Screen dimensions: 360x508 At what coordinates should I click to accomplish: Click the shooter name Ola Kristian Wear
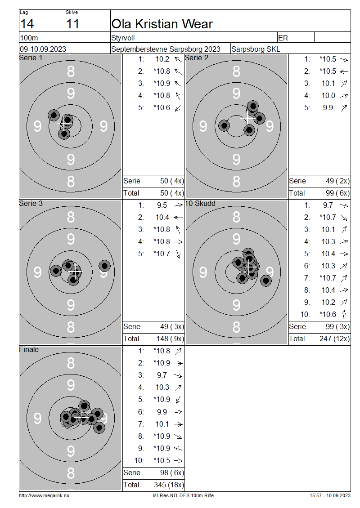coord(162,24)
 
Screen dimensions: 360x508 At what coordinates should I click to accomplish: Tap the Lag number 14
coord(27,24)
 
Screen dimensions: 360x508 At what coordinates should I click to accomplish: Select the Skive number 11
coord(72,24)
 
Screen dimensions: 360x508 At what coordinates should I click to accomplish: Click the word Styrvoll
coord(123,38)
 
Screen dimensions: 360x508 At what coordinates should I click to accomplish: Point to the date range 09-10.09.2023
coord(43,49)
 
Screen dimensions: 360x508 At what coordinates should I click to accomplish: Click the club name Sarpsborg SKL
coord(256,49)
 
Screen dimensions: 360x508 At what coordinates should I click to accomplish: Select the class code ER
coord(283,38)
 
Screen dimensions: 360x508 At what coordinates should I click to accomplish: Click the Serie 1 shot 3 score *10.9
coord(162,83)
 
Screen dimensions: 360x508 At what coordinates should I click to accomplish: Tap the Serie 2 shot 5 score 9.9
coord(328,107)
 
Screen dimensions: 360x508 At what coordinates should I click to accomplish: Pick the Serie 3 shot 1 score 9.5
coord(162,205)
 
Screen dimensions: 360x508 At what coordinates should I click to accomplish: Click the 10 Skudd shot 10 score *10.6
coord(328,314)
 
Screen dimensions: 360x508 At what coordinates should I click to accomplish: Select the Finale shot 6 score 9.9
coord(162,412)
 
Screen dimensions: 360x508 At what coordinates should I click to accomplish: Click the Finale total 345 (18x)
coord(169,485)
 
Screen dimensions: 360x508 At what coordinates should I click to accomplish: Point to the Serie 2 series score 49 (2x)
coord(337,181)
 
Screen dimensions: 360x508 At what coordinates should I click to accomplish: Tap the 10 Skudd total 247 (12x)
coord(334,339)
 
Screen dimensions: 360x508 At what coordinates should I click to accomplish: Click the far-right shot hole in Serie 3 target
coord(104,266)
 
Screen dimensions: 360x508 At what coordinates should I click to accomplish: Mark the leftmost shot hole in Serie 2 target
coord(224,125)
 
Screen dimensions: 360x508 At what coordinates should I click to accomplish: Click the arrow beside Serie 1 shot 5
coord(178,107)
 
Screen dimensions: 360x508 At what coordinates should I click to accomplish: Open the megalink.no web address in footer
coord(44,495)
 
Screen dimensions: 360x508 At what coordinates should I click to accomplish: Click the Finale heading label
coord(29,349)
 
